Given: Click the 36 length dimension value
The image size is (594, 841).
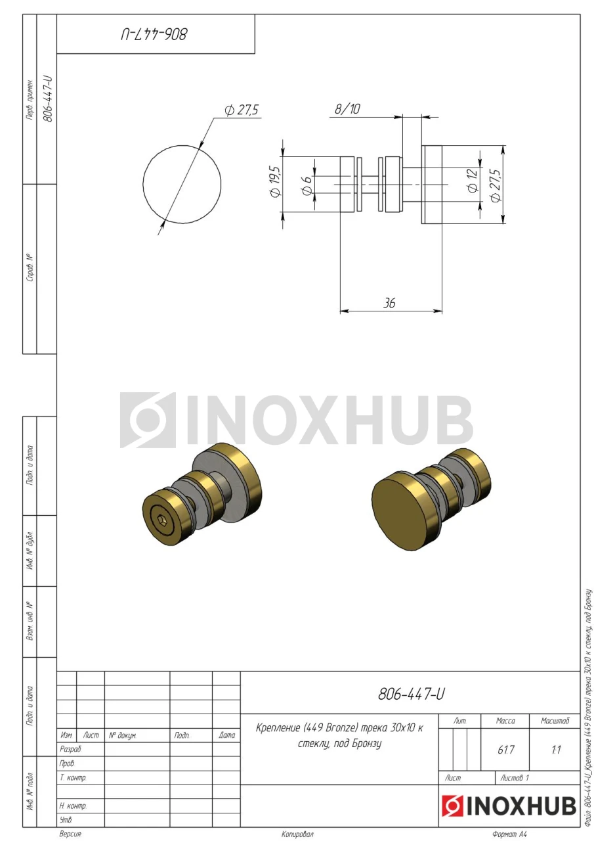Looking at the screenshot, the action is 389,303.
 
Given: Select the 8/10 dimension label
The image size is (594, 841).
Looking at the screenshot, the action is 347,109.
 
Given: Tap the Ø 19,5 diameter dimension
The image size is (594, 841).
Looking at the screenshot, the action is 275,182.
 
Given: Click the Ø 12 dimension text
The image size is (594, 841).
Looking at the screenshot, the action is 473,181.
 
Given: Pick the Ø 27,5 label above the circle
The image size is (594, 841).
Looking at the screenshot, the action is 242,110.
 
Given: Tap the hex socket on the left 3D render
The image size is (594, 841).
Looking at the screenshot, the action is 161,520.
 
